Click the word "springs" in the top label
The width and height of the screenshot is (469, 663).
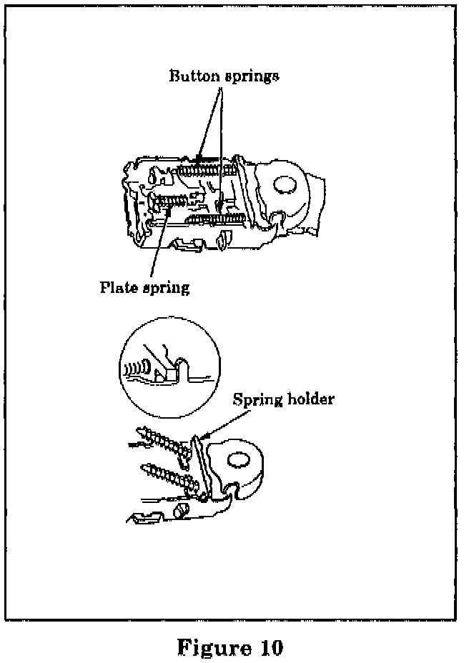(x=249, y=77)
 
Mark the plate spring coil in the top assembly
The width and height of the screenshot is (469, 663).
(x=172, y=201)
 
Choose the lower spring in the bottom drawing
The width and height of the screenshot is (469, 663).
(x=169, y=477)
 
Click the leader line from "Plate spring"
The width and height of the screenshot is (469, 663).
(x=159, y=243)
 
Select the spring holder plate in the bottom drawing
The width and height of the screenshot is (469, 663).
(x=201, y=464)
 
